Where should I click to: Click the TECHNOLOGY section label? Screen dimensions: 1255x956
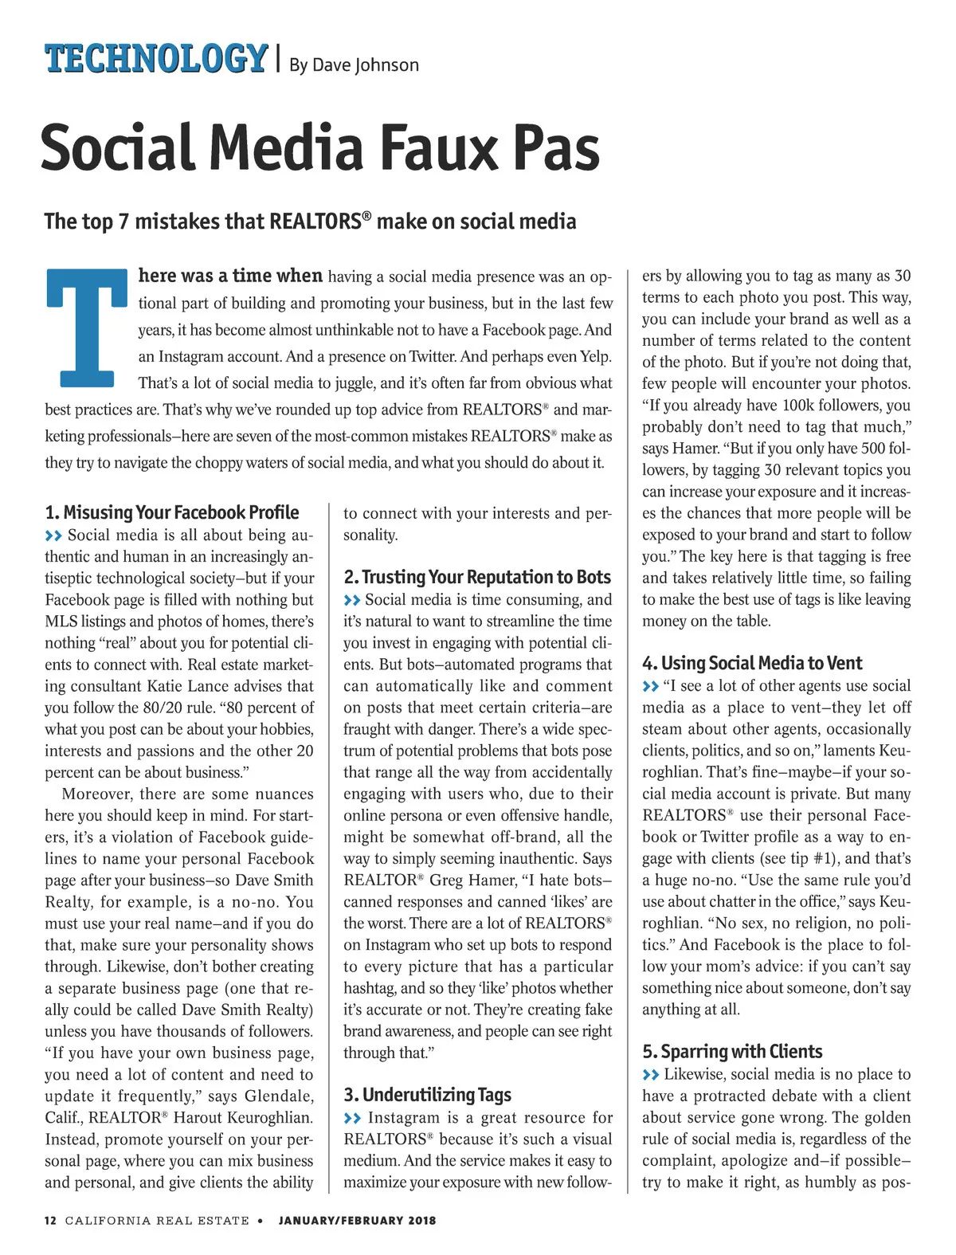[x=155, y=59]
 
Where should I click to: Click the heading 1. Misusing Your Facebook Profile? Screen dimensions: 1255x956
[x=172, y=512]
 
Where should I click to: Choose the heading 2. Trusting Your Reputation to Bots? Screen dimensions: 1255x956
[x=477, y=577]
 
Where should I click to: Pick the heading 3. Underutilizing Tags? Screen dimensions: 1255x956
[x=427, y=1095]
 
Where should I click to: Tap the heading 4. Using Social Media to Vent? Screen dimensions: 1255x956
[x=752, y=663]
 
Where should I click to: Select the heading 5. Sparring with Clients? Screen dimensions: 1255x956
[x=732, y=1052]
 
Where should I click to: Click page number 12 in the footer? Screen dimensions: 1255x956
[x=50, y=1220]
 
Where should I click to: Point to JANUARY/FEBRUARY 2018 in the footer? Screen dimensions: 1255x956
[x=357, y=1220]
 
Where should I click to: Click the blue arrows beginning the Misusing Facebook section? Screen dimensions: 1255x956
[x=53, y=535]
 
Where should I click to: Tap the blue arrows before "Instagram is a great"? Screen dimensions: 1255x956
[x=352, y=1118]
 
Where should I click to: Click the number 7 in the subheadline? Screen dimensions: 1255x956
[x=123, y=222]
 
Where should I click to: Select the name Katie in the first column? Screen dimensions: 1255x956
[x=166, y=686]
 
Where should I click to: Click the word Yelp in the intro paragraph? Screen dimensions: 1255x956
[x=595, y=356]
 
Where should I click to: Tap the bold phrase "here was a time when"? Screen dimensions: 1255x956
[x=230, y=276]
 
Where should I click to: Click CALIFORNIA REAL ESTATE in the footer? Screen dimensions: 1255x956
[x=157, y=1220]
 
